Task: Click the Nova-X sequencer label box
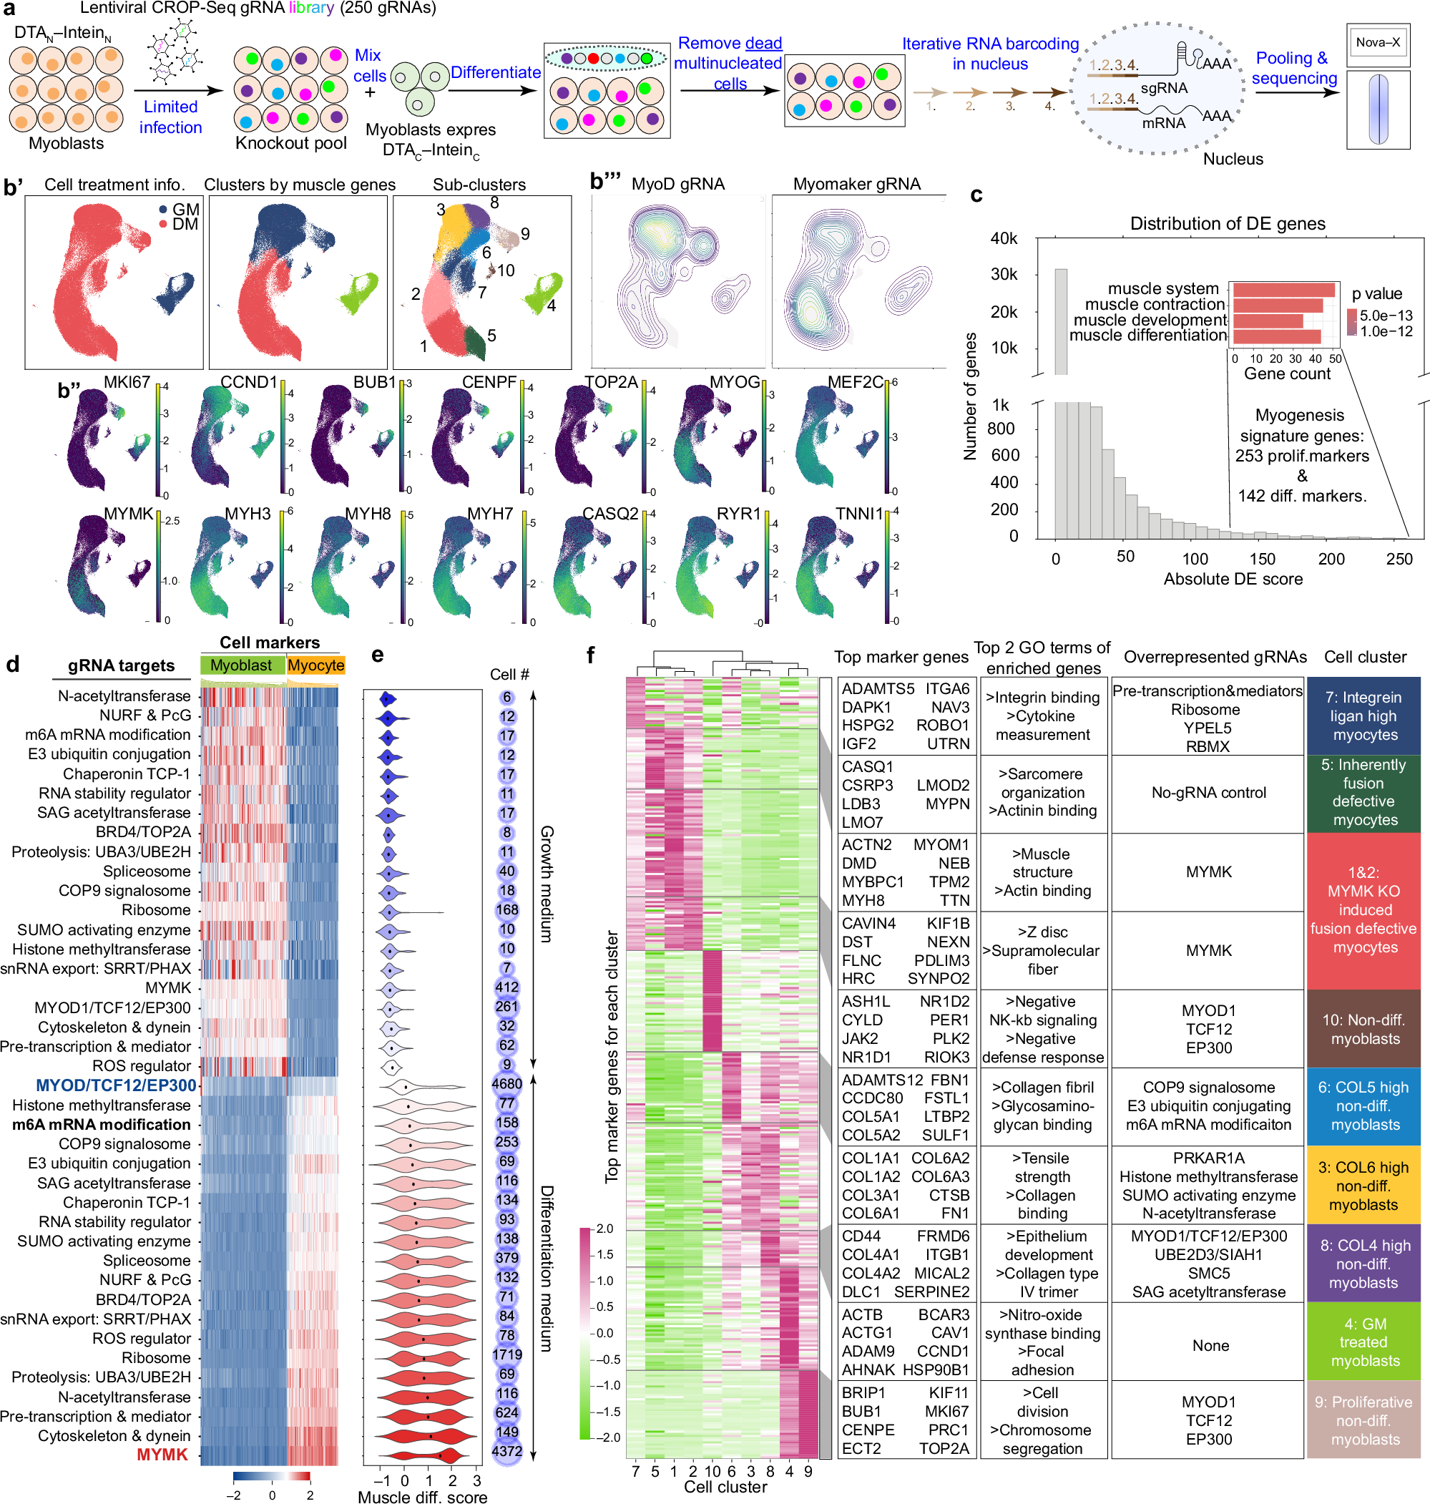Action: [x=1377, y=43]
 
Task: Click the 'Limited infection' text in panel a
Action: [x=170, y=117]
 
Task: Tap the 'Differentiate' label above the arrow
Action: [x=496, y=72]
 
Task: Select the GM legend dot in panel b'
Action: [x=163, y=210]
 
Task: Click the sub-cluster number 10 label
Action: [x=505, y=270]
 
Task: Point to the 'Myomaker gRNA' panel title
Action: [x=857, y=184]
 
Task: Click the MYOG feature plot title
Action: [x=735, y=382]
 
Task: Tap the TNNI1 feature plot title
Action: [x=858, y=514]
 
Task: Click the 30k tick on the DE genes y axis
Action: [x=1003, y=275]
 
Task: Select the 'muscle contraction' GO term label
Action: [x=1154, y=304]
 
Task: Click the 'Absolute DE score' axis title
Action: [x=1232, y=579]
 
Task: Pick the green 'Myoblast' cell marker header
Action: [x=241, y=665]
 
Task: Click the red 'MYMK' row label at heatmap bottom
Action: [x=162, y=1455]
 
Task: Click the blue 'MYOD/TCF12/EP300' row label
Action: [x=116, y=1085]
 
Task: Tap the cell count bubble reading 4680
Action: [x=507, y=1084]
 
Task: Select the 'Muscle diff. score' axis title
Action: [x=422, y=1496]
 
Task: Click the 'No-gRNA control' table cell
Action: [x=1208, y=793]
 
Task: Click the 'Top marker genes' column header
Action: [x=901, y=657]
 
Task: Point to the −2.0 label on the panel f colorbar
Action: [x=604, y=1437]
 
